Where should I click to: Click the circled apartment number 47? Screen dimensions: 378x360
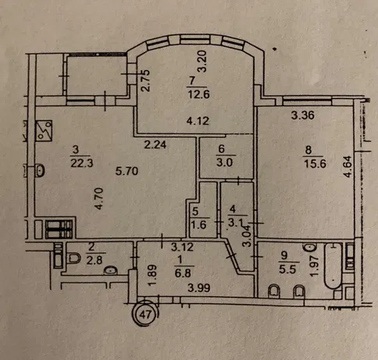145,314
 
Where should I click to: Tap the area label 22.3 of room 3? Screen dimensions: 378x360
82,163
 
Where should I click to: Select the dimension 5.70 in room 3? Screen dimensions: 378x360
127,171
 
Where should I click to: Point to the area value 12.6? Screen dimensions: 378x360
198,94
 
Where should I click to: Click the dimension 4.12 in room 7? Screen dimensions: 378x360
198,121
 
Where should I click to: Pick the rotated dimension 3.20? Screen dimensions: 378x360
202,61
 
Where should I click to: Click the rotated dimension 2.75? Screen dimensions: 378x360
145,80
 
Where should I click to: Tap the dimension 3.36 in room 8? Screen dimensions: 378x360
303,115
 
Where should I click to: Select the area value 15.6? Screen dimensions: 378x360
315,164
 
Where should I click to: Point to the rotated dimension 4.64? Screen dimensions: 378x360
348,166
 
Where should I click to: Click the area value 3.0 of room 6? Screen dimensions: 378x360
224,162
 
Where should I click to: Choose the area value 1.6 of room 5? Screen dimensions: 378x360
199,224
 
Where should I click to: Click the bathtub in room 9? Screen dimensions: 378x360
333,266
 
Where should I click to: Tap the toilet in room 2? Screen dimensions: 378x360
74,258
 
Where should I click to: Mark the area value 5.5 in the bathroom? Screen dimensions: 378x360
287,269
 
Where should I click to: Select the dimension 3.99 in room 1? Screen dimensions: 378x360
199,288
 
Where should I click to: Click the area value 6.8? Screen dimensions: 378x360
183,273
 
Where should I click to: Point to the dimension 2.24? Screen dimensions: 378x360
155,144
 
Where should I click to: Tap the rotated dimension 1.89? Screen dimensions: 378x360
152,276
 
